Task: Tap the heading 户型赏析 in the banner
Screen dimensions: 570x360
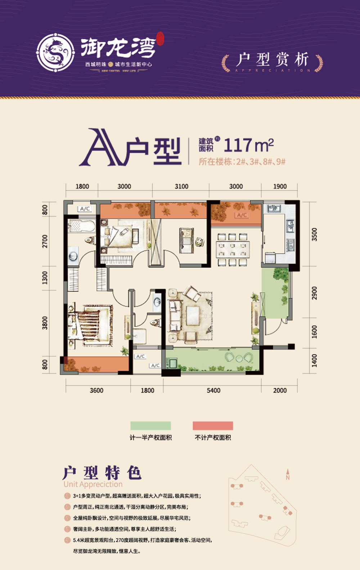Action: [273, 60]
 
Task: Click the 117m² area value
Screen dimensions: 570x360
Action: [248, 145]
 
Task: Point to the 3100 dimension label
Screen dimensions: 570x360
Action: [181, 186]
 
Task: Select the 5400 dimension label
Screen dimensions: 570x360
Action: [213, 390]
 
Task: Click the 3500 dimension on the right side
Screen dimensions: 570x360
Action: [314, 235]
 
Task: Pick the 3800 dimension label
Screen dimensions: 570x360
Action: [45, 322]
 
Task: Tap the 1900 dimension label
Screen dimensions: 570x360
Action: [280, 186]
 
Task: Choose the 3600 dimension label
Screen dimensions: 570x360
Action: [96, 390]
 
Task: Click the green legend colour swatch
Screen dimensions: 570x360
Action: [150, 426]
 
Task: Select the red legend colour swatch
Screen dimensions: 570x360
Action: [213, 426]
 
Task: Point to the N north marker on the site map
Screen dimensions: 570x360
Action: [288, 477]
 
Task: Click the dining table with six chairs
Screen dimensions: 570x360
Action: [232, 250]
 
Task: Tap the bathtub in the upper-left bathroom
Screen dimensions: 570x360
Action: [81, 226]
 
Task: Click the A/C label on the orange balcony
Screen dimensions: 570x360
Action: [242, 215]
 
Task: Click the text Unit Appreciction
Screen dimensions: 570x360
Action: [93, 484]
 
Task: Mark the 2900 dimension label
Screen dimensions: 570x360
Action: [314, 293]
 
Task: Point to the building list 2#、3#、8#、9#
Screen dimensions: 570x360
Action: [261, 162]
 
